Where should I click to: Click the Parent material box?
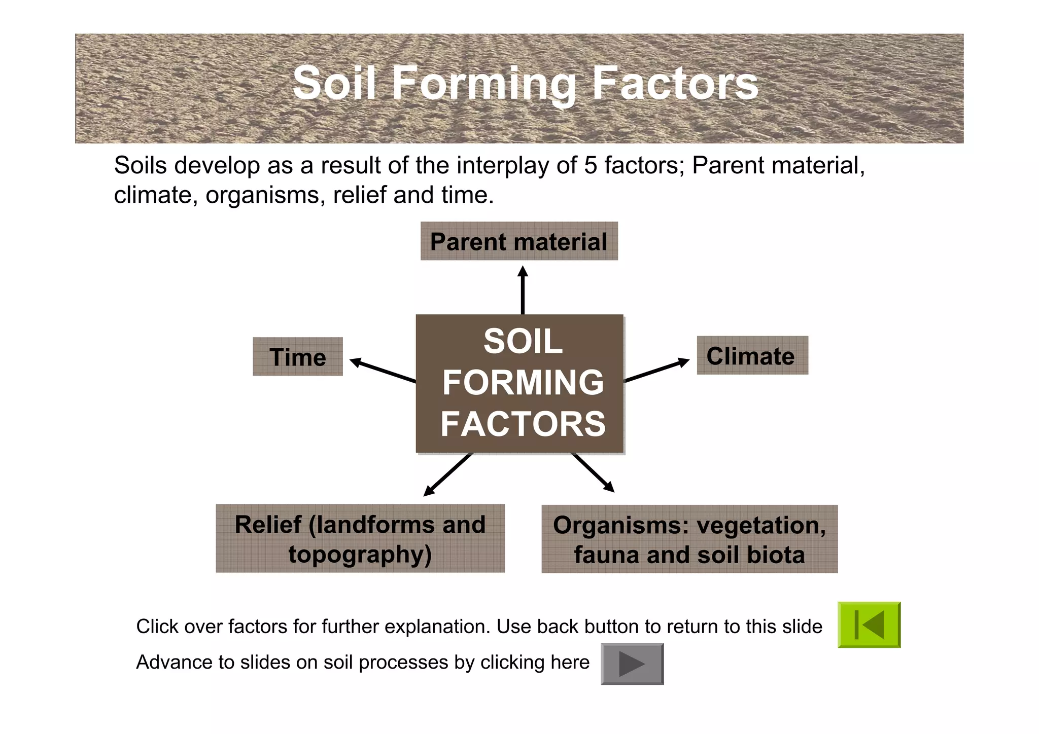pyautogui.click(x=519, y=241)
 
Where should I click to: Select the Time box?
pyautogui.click(x=298, y=357)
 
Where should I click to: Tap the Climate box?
pyautogui.click(x=752, y=356)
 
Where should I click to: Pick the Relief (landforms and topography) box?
pyautogui.click(x=360, y=538)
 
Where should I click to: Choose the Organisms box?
pyautogui.click(x=689, y=539)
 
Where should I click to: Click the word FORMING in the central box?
pyautogui.click(x=523, y=382)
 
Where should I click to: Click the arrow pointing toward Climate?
pyautogui.click(x=656, y=371)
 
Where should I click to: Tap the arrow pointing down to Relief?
pyautogui.click(x=448, y=474)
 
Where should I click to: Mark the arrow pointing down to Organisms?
pyautogui.click(x=593, y=472)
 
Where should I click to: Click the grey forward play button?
pyautogui.click(x=632, y=664)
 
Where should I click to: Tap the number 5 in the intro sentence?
pyautogui.click(x=590, y=166)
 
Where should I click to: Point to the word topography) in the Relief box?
pyautogui.click(x=360, y=555)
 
